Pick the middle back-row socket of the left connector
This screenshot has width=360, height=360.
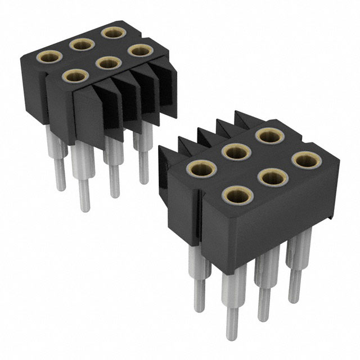[x=82, y=44]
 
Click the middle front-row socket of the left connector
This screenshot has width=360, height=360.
[x=105, y=62]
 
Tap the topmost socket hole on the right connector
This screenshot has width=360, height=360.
[x=269, y=136]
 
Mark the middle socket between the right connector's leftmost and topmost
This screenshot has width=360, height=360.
[x=236, y=151]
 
